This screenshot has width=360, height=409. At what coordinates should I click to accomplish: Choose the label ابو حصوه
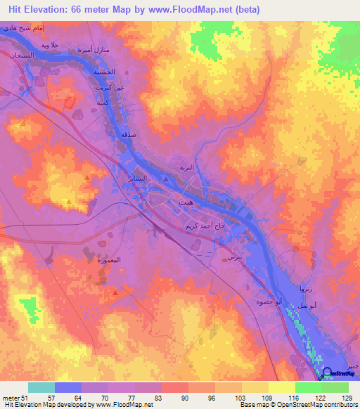(x=269, y=301)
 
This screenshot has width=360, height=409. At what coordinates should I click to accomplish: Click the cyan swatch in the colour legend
(x=41, y=387)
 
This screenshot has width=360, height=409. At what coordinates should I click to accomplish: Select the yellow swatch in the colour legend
(x=282, y=387)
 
